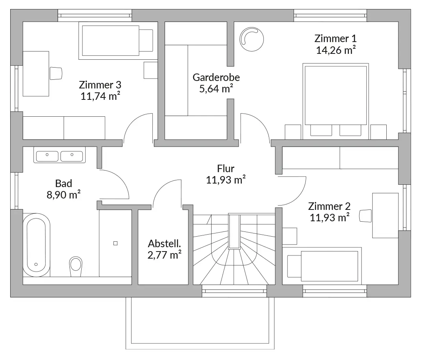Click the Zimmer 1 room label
tap(336, 39)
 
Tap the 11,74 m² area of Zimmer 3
tap(101, 96)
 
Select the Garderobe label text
tap(216, 77)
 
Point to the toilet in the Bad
tap(76, 266)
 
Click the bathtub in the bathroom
tap(37, 245)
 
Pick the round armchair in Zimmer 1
tap(252, 39)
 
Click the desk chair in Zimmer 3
tap(56, 73)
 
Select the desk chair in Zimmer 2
tap(366, 216)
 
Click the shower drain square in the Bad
tap(115, 243)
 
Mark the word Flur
tap(225, 169)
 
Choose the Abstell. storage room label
tap(164, 244)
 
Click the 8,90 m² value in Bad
tap(64, 195)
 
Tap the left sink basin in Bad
tap(47, 156)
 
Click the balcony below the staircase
tap(200, 323)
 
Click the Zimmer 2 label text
tap(329, 206)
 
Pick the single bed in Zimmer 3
tap(118, 40)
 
